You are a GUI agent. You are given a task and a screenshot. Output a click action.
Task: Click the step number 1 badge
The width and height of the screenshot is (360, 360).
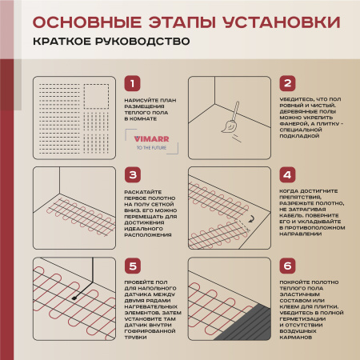coord(134,84)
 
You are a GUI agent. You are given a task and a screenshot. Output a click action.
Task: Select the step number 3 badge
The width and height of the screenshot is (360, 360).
coord(134,174)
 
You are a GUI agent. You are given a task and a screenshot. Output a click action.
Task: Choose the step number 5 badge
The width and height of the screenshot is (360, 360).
coord(134,266)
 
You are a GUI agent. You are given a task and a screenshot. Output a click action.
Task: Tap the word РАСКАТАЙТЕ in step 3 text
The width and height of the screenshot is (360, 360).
coord(143,193)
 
